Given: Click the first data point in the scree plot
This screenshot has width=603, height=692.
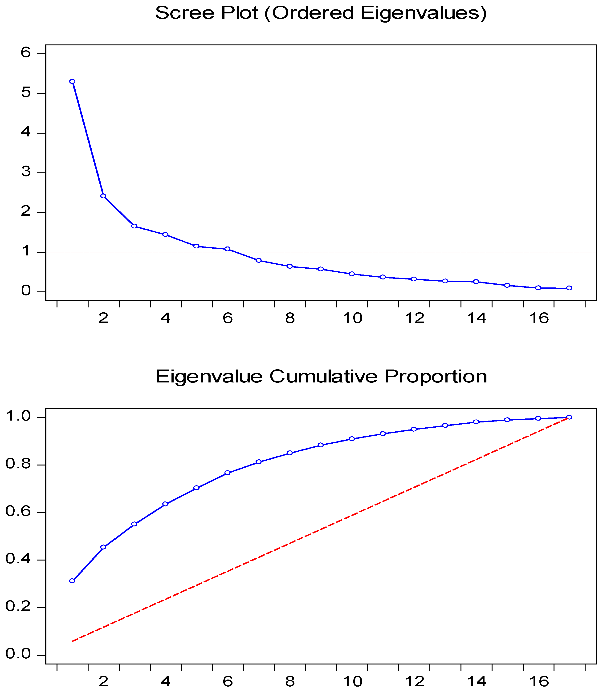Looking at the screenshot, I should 72,81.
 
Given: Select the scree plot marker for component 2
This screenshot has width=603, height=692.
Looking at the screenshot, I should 103,196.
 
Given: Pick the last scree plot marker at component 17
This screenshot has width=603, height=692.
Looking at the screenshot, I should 569,288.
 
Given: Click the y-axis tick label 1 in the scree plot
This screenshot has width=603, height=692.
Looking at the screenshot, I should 26,251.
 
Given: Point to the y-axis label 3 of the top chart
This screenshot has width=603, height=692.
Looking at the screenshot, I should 26,172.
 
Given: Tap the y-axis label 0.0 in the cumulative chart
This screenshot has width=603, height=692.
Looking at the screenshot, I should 18,654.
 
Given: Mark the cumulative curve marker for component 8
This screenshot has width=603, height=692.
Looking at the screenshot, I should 290,453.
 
